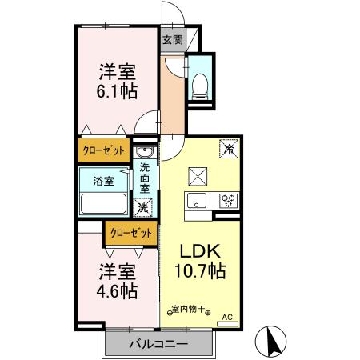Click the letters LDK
click(196, 250)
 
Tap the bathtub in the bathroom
click(102, 203)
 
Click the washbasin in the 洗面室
click(144, 152)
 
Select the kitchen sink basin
click(199, 201)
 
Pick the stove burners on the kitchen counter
click(228, 201)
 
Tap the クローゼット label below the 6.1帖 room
click(104, 149)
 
